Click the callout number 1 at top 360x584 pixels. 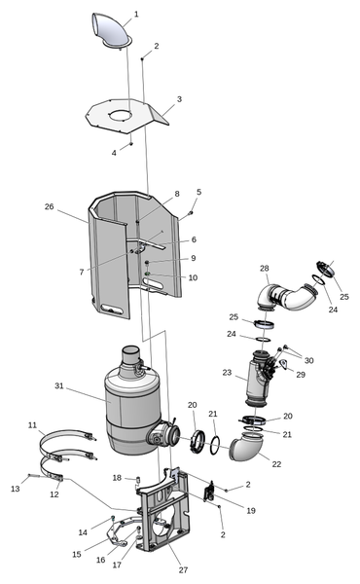coord(136,15)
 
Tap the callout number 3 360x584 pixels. coord(179,99)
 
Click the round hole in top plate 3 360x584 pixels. coord(123,115)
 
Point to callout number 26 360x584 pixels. coord(50,206)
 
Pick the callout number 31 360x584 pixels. coord(59,385)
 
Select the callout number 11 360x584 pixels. coord(33,425)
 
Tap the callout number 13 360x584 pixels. coord(16,489)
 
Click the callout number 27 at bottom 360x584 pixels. coord(183,569)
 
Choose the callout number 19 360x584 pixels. coord(251,511)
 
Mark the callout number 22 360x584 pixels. coord(276,464)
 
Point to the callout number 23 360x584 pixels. coord(227,373)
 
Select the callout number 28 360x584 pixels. coord(265,269)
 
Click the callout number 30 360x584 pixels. coord(309,360)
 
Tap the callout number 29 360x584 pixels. coord(301,375)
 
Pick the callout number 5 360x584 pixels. coord(199,192)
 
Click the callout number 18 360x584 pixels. coord(117,478)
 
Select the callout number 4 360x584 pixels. coord(114,153)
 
